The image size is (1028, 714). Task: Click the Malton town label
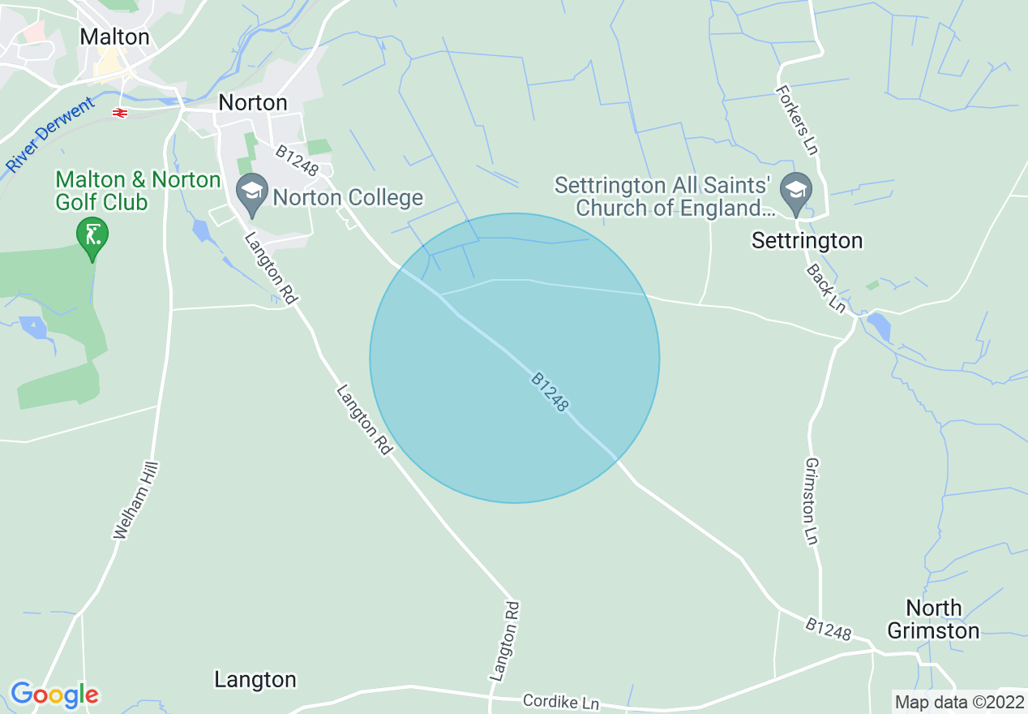[114, 37]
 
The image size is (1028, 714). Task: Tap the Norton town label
[253, 103]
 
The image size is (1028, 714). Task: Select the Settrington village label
[807, 241]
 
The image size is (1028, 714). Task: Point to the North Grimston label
[933, 619]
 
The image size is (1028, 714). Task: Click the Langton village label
[255, 680]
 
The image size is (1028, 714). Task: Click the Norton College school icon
[252, 191]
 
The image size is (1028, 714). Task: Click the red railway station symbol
[120, 113]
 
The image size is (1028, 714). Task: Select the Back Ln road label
[826, 288]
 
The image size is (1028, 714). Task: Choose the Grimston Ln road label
[811, 501]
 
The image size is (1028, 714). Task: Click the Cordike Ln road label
[560, 701]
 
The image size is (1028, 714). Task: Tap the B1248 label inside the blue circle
[550, 392]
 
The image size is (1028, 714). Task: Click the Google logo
[54, 695]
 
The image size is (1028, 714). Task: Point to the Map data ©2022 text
[957, 701]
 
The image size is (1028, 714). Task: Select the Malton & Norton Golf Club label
[137, 191]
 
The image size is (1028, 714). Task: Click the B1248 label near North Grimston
[829, 628]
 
